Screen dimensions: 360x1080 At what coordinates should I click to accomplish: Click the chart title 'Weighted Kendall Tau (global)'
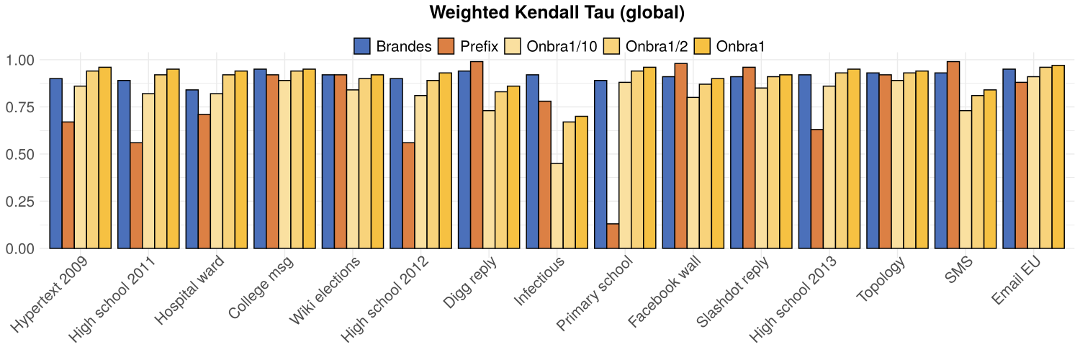(556, 13)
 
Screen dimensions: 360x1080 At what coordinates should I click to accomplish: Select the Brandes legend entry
(393, 46)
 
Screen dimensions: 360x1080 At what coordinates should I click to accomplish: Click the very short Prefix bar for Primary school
(612, 236)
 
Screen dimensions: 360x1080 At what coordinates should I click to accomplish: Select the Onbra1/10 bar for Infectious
(557, 206)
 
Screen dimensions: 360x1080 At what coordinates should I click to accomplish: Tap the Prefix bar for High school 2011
(136, 195)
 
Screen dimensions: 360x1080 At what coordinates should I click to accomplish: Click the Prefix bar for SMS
(953, 155)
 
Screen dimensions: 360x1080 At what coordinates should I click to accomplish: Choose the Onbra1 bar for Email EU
(1058, 157)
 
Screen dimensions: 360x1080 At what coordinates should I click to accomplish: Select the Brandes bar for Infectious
(532, 161)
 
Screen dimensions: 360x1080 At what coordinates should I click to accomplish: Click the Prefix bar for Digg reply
(476, 155)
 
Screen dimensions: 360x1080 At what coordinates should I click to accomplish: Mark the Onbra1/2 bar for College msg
(297, 160)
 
